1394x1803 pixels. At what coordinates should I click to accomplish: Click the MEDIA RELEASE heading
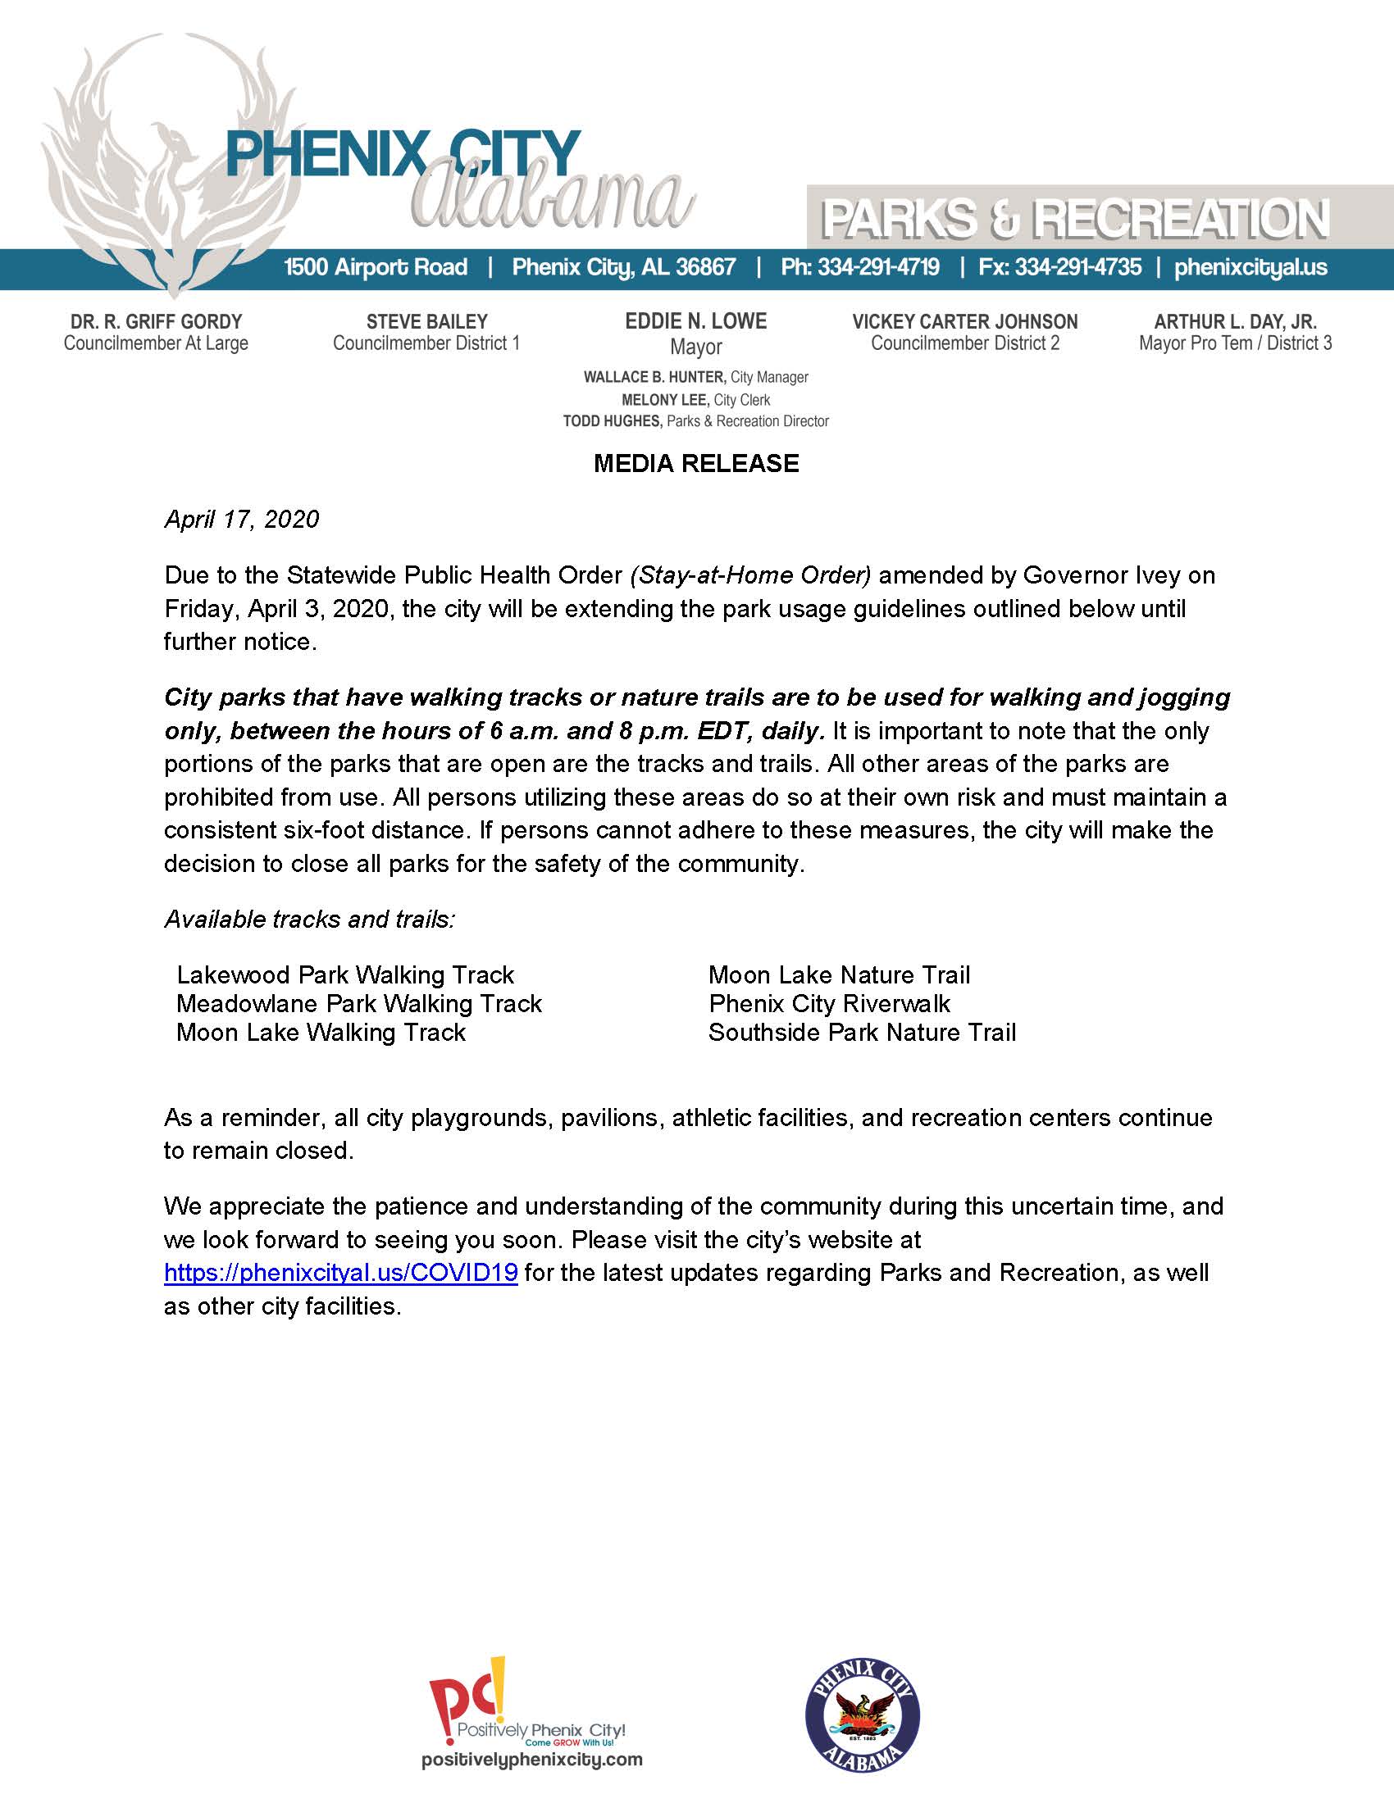coord(696,464)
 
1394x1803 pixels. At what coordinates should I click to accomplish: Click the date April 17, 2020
coord(241,520)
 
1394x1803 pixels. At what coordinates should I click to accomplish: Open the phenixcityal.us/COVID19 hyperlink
coord(341,1272)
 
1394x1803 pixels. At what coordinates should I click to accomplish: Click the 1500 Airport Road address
coord(376,267)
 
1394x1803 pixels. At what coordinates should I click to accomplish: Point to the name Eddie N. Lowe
coord(695,321)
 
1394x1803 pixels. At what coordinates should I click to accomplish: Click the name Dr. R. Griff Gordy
coord(156,322)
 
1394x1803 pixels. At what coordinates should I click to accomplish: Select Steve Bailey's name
coord(426,322)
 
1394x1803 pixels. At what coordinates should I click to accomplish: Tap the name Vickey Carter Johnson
coord(964,322)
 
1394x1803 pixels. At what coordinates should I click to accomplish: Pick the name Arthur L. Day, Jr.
coord(1235,322)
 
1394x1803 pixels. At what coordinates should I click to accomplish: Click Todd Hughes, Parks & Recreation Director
coord(695,421)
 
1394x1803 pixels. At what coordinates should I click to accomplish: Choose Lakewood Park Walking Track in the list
coord(345,975)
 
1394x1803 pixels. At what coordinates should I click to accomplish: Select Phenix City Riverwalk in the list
coord(829,1004)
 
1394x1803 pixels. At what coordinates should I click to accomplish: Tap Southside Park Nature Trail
coord(862,1033)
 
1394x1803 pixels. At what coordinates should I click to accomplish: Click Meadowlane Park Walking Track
coord(359,1004)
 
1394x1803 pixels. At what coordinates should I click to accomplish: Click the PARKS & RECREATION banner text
coord(1074,220)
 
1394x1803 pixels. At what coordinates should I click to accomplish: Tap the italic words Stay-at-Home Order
coord(749,575)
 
